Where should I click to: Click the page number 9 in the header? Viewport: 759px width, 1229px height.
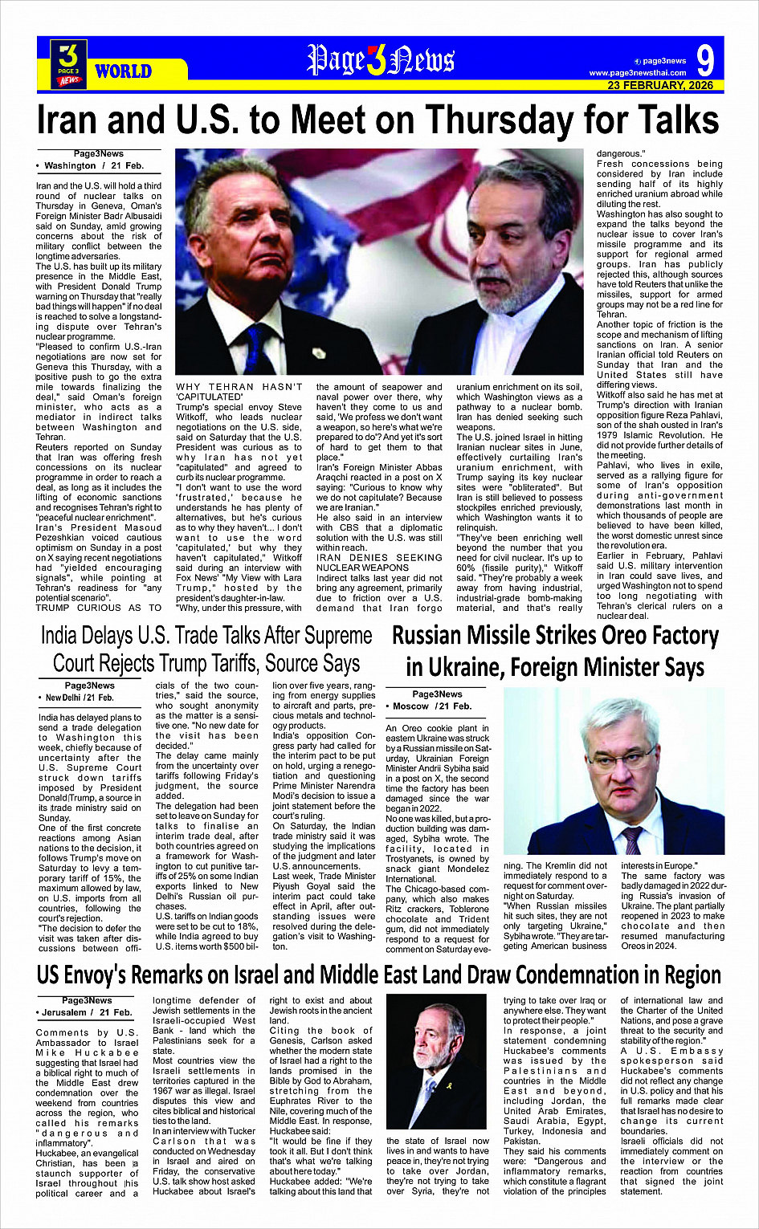click(x=704, y=61)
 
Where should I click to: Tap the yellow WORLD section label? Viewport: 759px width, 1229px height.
click(x=123, y=71)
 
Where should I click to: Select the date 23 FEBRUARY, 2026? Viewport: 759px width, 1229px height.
click(x=660, y=85)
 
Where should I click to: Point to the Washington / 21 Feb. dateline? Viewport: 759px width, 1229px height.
click(x=94, y=165)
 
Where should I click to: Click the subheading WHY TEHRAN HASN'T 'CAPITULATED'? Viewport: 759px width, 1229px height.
click(x=239, y=392)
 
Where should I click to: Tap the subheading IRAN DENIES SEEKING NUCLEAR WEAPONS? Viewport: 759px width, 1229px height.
click(x=379, y=562)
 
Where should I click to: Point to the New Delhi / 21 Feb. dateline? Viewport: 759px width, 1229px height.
click(x=80, y=698)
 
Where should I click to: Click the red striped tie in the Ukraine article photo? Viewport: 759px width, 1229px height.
click(x=633, y=840)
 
